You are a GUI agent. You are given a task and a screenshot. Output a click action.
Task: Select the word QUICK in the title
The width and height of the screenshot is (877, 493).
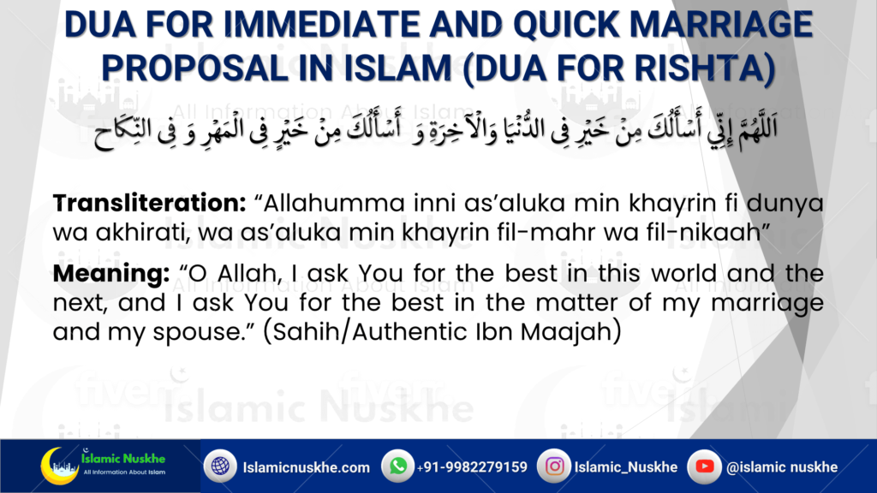[567, 25]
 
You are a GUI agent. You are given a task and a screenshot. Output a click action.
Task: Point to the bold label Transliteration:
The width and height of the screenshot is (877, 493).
[149, 203]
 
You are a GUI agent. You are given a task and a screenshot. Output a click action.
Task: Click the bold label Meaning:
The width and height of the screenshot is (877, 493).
[111, 274]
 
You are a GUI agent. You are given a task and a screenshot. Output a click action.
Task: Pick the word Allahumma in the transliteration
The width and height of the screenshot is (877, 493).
[334, 203]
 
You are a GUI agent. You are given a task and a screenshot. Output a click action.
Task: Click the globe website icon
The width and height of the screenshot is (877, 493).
[220, 466]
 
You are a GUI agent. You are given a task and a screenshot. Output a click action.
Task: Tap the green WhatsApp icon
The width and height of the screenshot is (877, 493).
[397, 466]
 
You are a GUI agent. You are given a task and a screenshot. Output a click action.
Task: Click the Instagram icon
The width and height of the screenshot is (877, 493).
[554, 466]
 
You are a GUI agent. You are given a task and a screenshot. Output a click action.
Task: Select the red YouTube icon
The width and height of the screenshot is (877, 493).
[704, 466]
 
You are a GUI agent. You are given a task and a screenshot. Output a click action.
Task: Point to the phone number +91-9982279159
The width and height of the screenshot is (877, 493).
[472, 466]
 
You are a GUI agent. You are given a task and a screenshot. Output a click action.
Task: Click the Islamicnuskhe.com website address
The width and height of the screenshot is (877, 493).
[307, 467]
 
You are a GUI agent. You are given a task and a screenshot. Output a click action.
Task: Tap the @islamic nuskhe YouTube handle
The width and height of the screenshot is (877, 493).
[782, 466]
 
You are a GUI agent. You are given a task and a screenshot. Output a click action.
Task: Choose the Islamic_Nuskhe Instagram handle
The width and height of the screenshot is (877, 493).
[626, 466]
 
